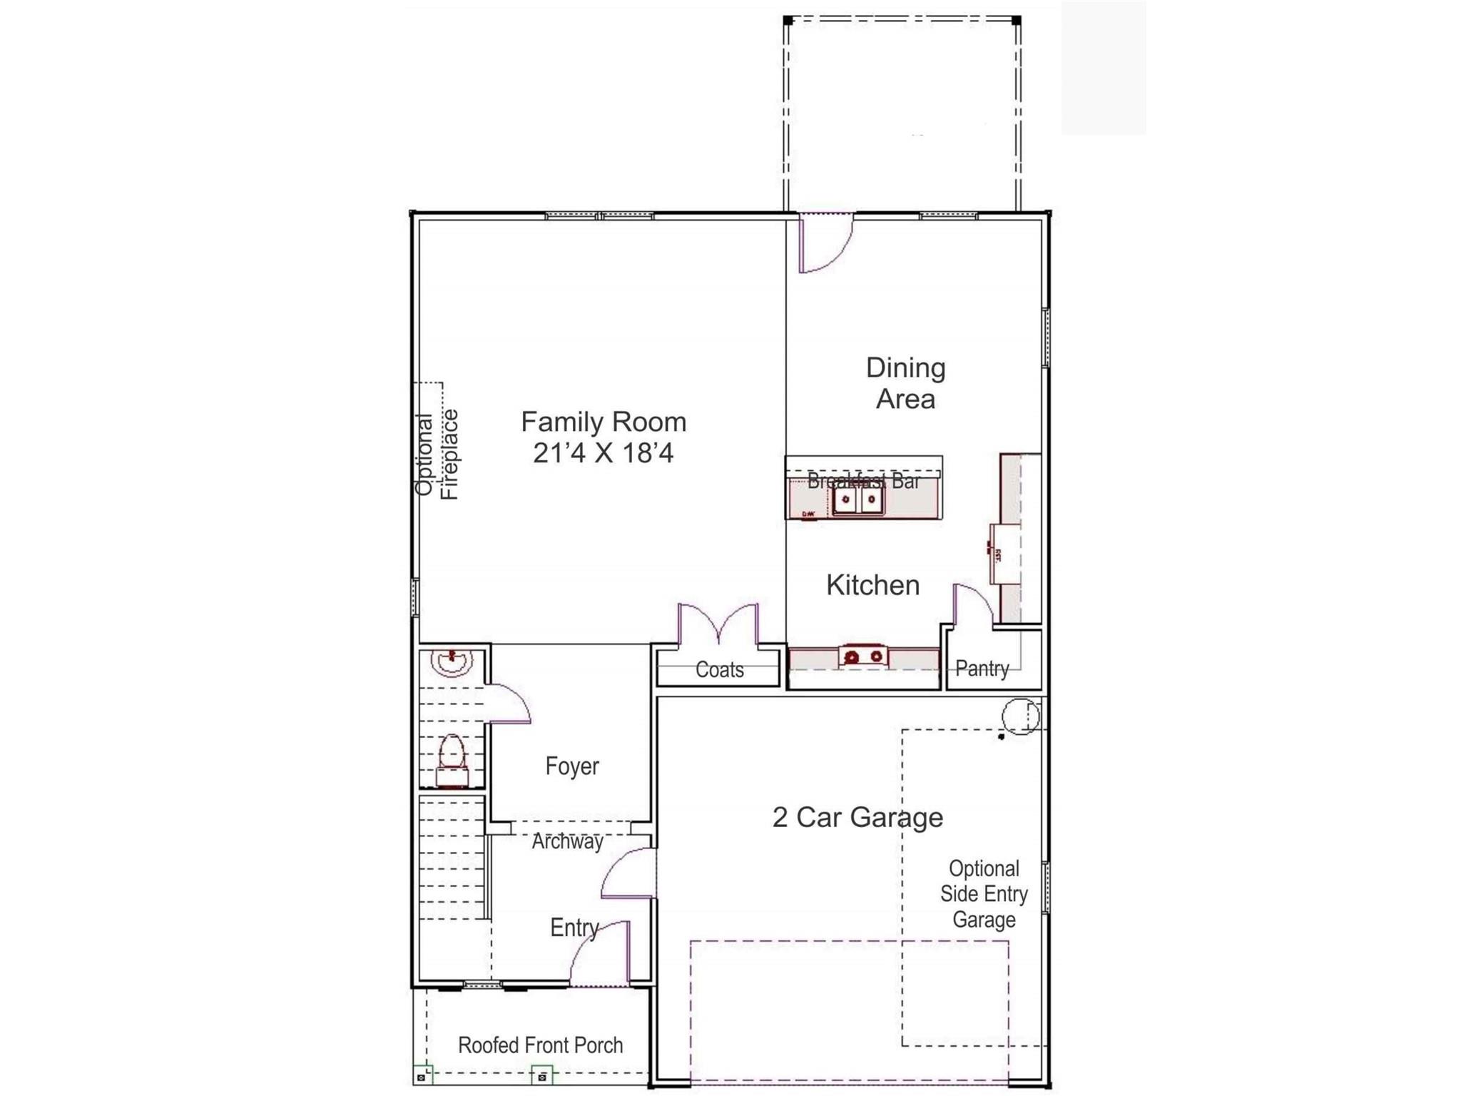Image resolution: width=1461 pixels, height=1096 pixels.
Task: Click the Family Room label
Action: tap(604, 422)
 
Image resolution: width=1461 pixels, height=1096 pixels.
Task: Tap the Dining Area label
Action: tap(905, 383)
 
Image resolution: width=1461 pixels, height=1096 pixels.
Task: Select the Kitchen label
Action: tap(872, 585)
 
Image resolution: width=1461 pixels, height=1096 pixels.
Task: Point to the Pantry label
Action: tap(982, 669)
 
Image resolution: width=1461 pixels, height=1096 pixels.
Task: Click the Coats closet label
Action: tap(719, 670)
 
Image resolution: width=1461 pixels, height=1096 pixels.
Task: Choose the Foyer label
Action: tap(572, 766)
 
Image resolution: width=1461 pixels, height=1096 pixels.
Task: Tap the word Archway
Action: tap(567, 842)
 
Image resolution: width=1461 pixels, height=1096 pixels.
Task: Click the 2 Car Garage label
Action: tap(857, 817)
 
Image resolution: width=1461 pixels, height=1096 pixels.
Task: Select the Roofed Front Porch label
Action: tap(540, 1045)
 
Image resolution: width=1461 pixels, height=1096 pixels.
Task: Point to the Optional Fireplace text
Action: tap(437, 455)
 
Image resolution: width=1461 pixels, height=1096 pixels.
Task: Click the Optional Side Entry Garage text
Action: tap(984, 894)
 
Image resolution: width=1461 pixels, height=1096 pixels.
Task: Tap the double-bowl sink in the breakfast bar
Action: tap(858, 499)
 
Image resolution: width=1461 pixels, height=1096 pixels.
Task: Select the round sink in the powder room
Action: tap(452, 661)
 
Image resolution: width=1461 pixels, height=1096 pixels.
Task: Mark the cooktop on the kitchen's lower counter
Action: tap(864, 656)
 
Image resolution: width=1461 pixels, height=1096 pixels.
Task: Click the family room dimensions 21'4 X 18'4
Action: tap(604, 453)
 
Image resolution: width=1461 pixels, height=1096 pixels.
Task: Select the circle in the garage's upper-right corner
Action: tap(1020, 716)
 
